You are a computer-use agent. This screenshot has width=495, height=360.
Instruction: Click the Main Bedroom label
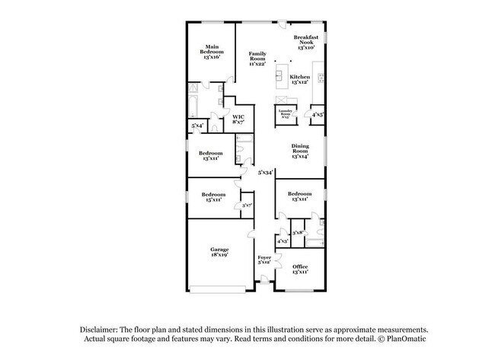tap(211, 52)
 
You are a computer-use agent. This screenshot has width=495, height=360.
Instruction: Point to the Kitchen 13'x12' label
tap(299, 79)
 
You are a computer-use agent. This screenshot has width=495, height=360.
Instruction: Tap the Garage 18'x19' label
tap(219, 252)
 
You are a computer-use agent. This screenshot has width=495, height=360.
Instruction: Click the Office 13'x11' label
tap(300, 269)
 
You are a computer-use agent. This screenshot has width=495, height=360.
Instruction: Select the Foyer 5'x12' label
tap(264, 261)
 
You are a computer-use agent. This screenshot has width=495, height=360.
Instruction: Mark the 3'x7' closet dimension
tap(246, 205)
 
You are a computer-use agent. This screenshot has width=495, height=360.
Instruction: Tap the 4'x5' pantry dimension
tap(318, 115)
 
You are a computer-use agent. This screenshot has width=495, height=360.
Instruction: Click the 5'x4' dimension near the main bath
tap(196, 125)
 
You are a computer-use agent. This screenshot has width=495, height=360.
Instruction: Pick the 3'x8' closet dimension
tap(298, 233)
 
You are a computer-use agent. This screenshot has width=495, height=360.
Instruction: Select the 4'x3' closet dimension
tap(282, 241)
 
